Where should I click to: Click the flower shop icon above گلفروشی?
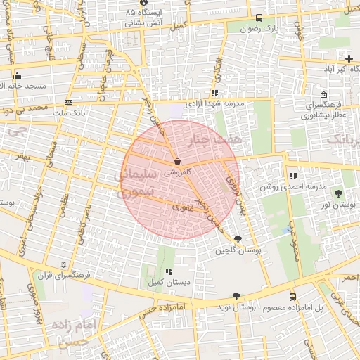176,161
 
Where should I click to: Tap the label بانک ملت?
69,112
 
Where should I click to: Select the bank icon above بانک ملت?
68,102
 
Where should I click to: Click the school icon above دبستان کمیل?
168,271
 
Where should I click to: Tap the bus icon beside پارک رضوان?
259,19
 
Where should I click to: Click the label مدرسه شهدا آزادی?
214,103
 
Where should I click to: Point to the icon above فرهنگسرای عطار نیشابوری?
323,95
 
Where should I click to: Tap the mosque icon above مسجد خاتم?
18,75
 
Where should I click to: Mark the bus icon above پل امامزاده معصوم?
292,297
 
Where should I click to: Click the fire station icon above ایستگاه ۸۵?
143,4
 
